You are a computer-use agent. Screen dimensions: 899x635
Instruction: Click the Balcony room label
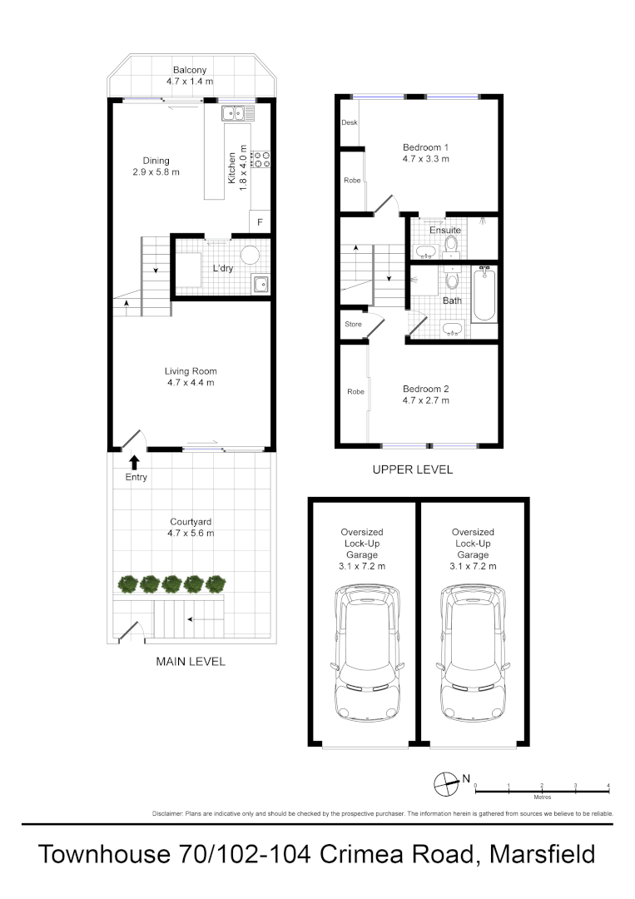click(190, 70)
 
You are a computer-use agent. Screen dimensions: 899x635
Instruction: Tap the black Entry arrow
click(133, 462)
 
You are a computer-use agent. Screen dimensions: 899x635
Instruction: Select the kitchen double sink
click(231, 112)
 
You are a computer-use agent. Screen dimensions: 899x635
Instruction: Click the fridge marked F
click(260, 222)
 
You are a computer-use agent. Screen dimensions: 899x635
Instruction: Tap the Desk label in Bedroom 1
click(349, 123)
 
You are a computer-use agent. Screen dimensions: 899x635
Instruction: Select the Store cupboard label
click(353, 324)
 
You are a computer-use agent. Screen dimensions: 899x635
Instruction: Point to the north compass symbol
click(447, 782)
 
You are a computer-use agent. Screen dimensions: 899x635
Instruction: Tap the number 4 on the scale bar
click(609, 786)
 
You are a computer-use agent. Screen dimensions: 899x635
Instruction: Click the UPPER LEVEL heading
click(413, 469)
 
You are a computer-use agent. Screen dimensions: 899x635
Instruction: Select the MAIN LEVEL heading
click(191, 662)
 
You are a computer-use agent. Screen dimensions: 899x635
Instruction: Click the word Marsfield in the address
click(543, 854)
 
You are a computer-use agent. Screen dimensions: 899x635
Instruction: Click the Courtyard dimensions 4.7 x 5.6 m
click(191, 534)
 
